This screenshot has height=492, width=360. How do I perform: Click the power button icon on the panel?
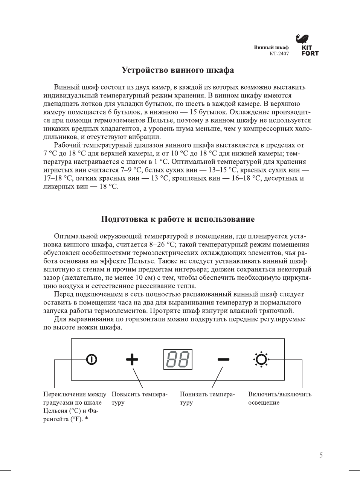click(x=92, y=359)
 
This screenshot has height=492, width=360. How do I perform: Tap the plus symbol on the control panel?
click(x=132, y=359)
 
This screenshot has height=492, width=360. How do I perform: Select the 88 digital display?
click(x=178, y=359)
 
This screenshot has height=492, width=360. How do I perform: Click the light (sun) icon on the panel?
click(x=261, y=359)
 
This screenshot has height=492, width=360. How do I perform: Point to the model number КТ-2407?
click(x=279, y=53)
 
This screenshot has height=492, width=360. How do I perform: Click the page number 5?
click(x=321, y=455)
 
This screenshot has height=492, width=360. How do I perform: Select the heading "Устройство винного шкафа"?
click(x=178, y=70)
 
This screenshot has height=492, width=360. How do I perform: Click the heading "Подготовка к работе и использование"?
click(x=178, y=219)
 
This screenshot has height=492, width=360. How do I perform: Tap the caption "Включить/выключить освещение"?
click(x=279, y=398)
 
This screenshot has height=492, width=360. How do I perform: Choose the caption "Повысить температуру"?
click(x=139, y=398)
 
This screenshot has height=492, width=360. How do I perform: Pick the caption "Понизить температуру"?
click(x=207, y=398)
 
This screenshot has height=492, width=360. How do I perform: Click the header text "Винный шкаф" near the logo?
click(x=271, y=47)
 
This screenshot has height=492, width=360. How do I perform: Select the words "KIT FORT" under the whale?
click(x=310, y=51)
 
